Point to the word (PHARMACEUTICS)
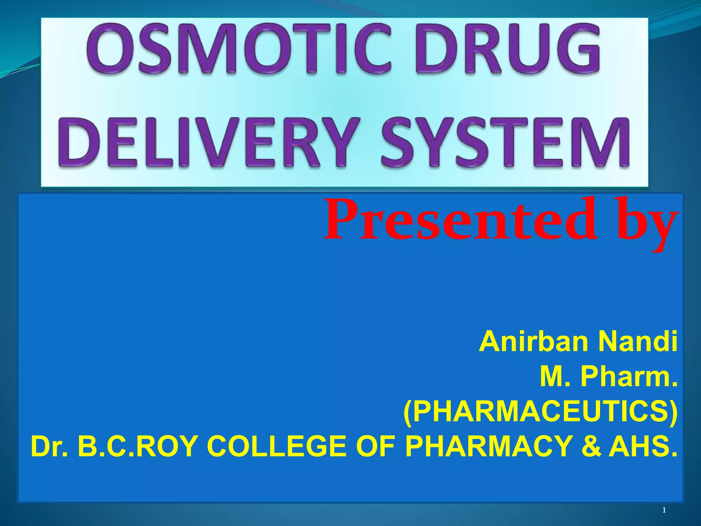(x=540, y=412)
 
